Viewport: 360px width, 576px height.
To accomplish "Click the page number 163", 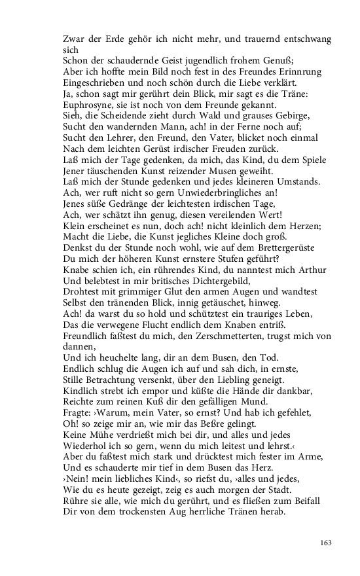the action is (326, 542).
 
